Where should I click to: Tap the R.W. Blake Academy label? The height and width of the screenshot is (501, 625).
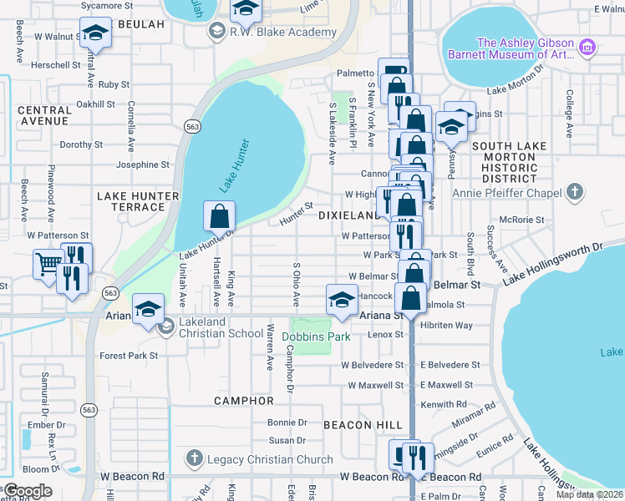283,33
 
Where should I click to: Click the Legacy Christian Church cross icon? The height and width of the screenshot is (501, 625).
194,458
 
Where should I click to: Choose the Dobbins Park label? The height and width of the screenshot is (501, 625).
314,337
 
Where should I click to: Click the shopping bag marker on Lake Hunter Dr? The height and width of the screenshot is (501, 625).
219,216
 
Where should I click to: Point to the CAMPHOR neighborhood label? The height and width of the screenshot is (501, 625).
243,401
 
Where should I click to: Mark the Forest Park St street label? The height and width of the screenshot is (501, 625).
129,356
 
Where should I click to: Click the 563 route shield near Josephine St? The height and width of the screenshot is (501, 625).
192,126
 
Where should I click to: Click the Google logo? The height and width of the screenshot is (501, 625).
28,491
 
